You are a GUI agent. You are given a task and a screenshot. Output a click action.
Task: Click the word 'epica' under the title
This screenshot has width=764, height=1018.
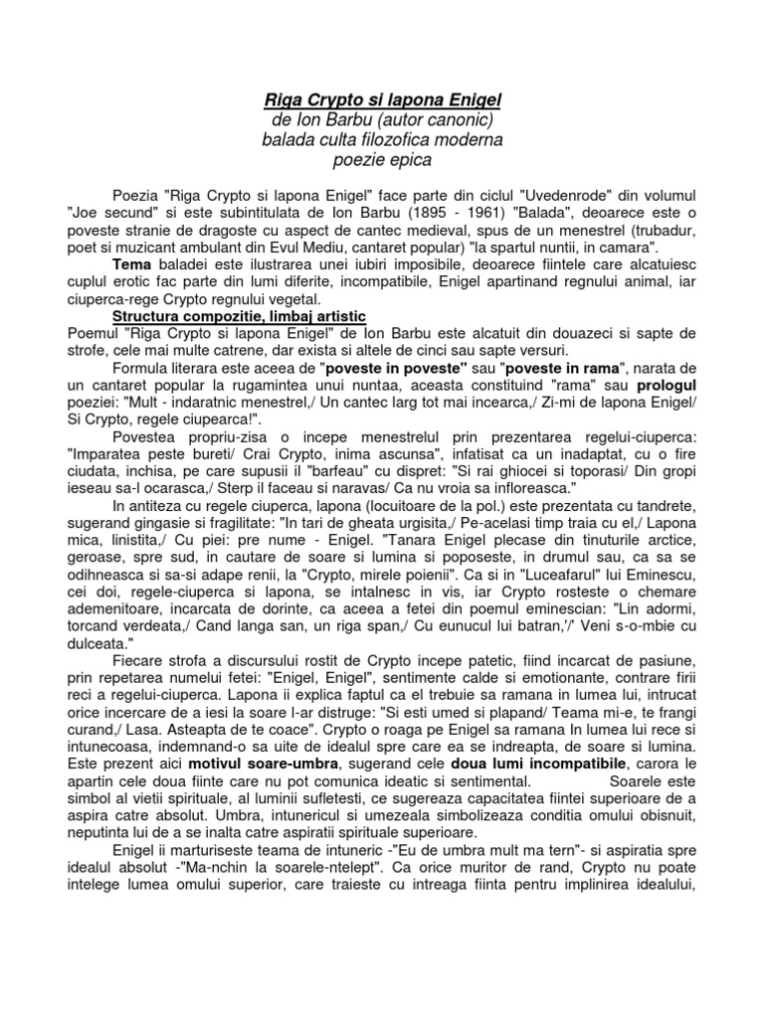410,159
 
